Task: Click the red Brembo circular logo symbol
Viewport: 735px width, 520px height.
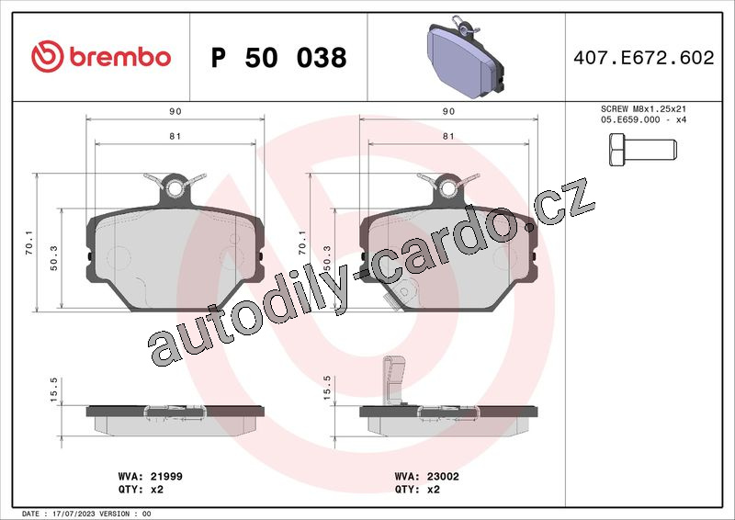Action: (x=48, y=56)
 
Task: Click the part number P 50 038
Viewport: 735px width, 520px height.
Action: (x=279, y=58)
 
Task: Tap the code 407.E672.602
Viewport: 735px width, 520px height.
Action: (x=644, y=58)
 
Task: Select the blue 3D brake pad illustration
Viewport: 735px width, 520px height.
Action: (x=466, y=58)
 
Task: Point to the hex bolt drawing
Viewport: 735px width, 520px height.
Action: (x=642, y=150)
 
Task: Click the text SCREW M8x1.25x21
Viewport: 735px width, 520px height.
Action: (x=643, y=108)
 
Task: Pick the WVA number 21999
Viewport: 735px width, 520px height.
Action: (x=166, y=477)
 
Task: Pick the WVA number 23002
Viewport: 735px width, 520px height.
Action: (x=443, y=477)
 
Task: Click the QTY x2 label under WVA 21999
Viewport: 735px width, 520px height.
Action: (x=141, y=489)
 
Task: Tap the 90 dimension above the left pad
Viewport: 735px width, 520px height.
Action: (x=175, y=111)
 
